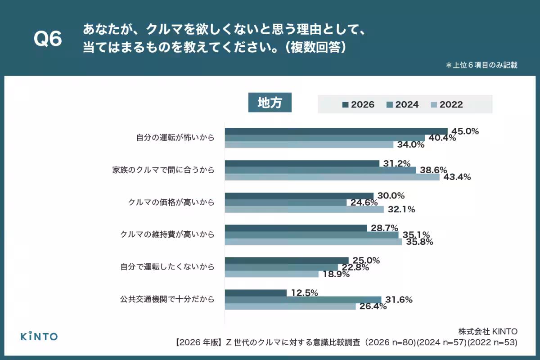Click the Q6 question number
[48, 40]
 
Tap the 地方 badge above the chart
[270, 103]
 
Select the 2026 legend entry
[358, 104]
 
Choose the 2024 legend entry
[402, 104]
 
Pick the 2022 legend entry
[446, 104]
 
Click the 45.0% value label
[465, 131]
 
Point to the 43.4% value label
[457, 177]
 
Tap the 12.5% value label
[304, 293]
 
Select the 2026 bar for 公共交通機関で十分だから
[256, 293]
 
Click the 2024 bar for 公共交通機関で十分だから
[303, 300]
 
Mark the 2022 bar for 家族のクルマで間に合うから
[332, 177]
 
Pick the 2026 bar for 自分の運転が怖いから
[336, 131]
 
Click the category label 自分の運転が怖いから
[175, 138]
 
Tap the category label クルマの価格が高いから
[171, 202]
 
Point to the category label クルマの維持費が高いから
[167, 234]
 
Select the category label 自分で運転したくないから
[167, 267]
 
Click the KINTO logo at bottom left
[40, 336]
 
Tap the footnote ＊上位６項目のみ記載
[481, 65]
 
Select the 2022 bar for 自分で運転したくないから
[271, 274]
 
